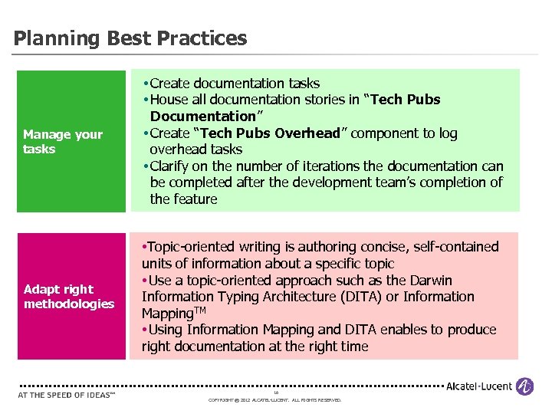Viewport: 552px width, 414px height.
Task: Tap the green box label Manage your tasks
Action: coord(62,142)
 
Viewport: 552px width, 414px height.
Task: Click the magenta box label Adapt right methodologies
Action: coord(68,297)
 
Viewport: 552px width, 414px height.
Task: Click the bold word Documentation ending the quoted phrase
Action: coord(203,117)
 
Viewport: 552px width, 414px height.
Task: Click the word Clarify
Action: coord(173,166)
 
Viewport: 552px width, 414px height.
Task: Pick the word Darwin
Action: coord(429,281)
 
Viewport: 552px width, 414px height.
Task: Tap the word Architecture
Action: coord(265,297)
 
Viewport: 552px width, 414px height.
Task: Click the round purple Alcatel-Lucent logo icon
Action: coord(524,386)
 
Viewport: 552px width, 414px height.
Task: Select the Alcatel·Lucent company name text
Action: coord(479,386)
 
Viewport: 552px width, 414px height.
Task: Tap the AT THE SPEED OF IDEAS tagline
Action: coord(66,395)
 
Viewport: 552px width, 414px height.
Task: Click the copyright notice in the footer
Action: coord(274,400)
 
